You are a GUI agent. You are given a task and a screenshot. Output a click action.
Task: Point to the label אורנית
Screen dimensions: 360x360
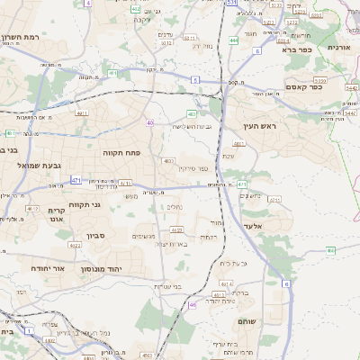tap(338, 47)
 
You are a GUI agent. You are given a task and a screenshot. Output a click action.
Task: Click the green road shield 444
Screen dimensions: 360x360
tap(234, 40)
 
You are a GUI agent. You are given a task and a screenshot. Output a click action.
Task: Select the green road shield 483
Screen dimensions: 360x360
tap(192, 113)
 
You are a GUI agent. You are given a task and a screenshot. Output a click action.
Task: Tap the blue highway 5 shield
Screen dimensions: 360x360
tap(193, 79)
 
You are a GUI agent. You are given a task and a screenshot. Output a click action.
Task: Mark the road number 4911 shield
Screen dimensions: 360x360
tap(81, 113)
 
